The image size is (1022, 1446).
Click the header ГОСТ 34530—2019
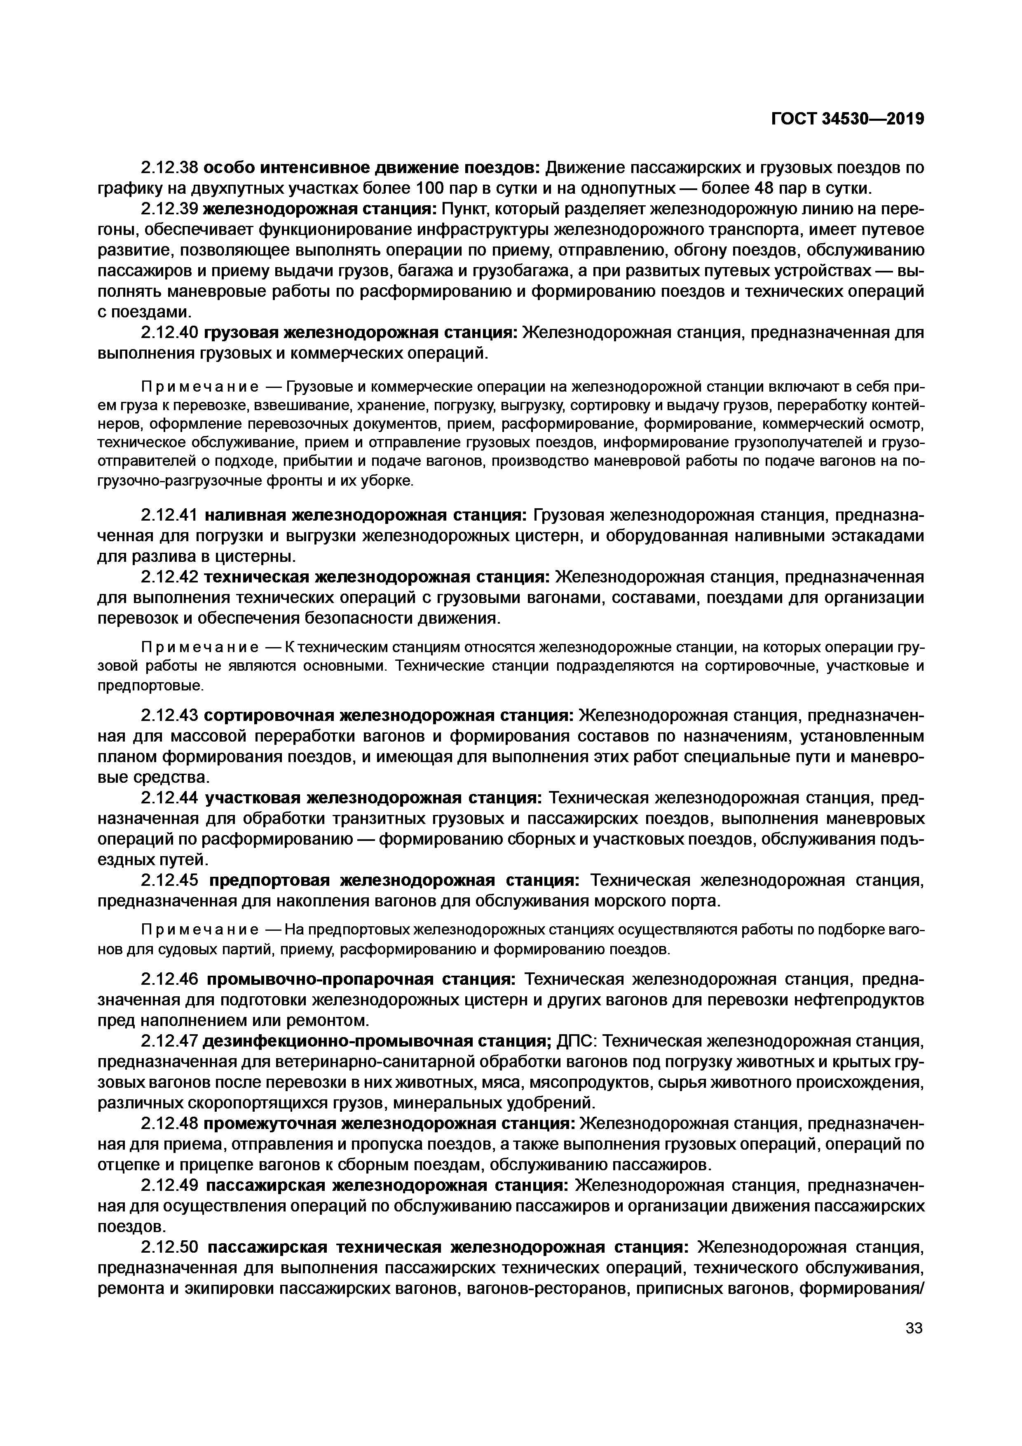[847, 118]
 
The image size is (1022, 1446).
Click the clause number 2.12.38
[169, 167]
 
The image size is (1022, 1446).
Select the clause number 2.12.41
[169, 515]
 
